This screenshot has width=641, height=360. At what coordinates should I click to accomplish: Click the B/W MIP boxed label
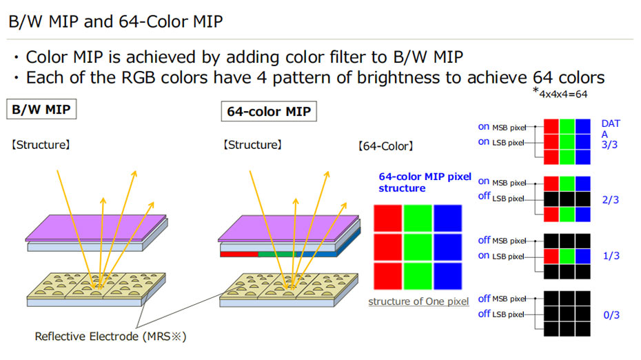pyautogui.click(x=41, y=109)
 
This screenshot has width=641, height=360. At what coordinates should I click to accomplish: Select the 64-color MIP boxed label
pyautogui.click(x=269, y=111)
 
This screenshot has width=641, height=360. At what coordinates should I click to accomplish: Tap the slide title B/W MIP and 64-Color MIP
pyautogui.click(x=116, y=21)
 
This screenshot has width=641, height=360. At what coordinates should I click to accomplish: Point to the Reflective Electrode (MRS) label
pyautogui.click(x=110, y=337)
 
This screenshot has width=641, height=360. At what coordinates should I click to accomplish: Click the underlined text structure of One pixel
pyautogui.click(x=418, y=301)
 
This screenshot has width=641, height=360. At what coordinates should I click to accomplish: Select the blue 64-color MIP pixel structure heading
pyautogui.click(x=425, y=183)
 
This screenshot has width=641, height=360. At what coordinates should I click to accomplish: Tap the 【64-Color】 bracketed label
pyautogui.click(x=385, y=146)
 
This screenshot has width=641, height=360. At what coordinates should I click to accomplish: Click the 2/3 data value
pyautogui.click(x=611, y=199)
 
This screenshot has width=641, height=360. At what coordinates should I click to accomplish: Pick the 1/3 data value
pyautogui.click(x=611, y=256)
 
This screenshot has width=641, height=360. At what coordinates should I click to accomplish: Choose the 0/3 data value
pyautogui.click(x=611, y=314)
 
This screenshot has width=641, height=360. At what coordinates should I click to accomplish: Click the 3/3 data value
pyautogui.click(x=609, y=145)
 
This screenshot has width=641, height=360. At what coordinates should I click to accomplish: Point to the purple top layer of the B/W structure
pyautogui.click(x=96, y=228)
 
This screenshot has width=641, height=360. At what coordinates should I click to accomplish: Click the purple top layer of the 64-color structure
pyautogui.click(x=288, y=228)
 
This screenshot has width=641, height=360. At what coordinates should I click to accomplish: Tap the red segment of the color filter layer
pyautogui.click(x=239, y=254)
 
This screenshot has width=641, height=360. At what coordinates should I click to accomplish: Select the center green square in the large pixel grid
pyautogui.click(x=418, y=247)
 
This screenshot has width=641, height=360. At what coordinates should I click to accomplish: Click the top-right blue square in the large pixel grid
pyautogui.click(x=447, y=218)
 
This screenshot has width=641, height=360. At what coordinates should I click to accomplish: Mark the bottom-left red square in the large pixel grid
pyautogui.click(x=387, y=276)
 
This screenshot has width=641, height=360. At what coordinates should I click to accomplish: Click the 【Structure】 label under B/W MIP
pyautogui.click(x=41, y=145)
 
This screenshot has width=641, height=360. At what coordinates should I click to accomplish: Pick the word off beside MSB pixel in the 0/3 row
pyautogui.click(x=484, y=299)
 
